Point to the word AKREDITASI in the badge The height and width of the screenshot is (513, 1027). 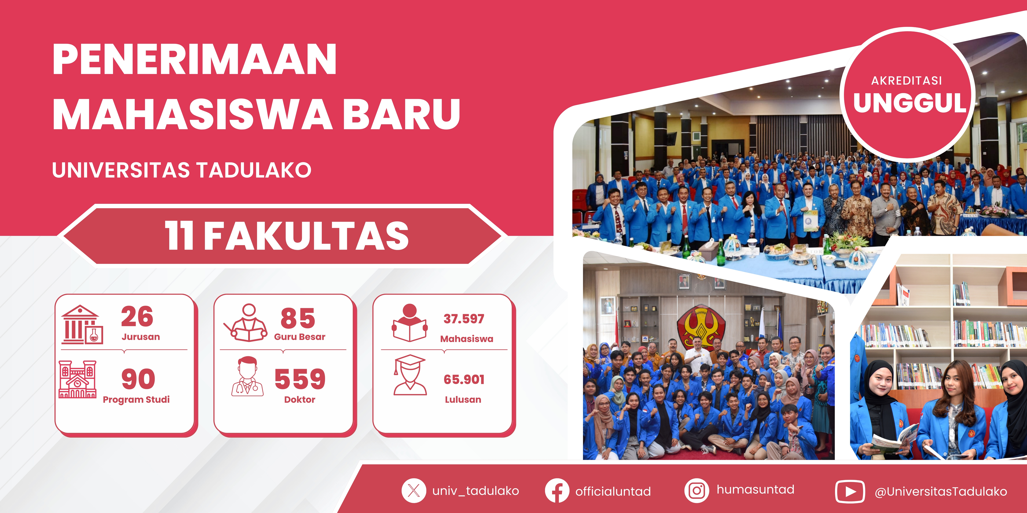[907, 81]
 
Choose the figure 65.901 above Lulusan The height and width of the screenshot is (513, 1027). [464, 380]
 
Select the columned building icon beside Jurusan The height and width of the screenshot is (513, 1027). [82, 325]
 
